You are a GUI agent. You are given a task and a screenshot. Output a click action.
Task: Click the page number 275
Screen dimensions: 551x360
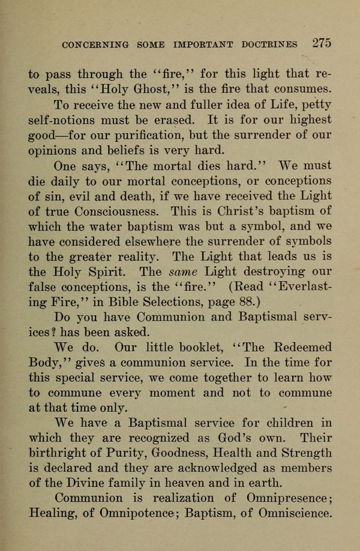[x=322, y=43]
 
